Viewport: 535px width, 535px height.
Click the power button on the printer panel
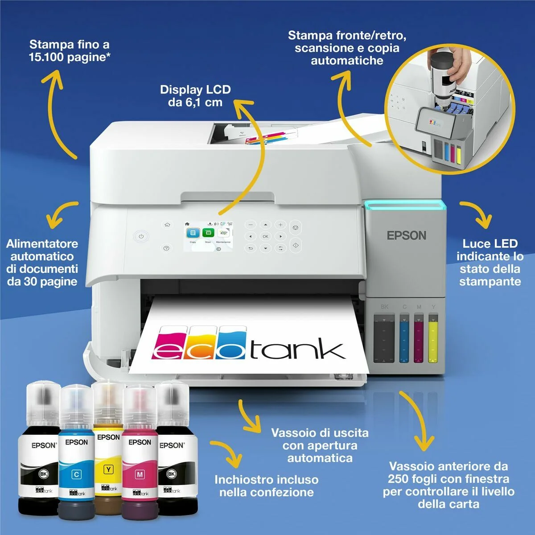141,236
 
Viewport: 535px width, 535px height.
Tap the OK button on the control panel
265,236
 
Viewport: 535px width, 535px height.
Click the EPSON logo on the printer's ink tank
406,235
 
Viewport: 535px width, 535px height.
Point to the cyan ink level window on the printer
404,339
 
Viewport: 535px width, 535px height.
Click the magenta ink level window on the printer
419,339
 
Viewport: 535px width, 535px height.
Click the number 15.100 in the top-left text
47,57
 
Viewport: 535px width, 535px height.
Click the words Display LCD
195,90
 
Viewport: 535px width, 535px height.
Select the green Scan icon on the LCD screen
208,233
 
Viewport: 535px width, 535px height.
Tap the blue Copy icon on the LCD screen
193,233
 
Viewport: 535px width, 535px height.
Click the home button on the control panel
167,225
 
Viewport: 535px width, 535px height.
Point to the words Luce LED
490,244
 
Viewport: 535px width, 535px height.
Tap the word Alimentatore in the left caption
42,244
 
